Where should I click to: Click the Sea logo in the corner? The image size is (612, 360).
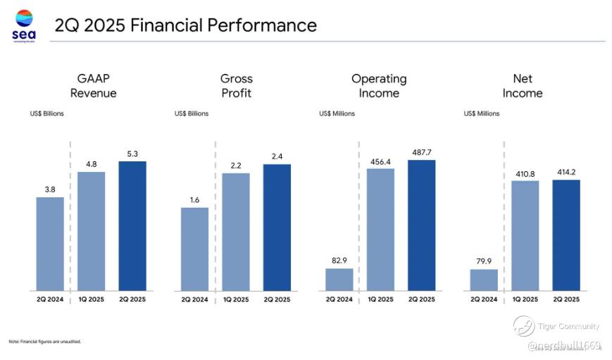(25, 26)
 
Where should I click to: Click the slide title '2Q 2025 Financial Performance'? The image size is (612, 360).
(185, 26)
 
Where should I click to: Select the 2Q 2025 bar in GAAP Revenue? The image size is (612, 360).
(132, 225)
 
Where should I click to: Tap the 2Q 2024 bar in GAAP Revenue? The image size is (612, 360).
(50, 244)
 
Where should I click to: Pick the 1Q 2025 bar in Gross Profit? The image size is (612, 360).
(236, 232)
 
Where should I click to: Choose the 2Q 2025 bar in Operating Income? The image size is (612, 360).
(421, 225)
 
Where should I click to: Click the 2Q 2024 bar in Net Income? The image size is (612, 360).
(484, 280)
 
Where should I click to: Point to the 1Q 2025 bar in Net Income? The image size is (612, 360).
(525, 235)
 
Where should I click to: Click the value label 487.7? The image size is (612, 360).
(421, 151)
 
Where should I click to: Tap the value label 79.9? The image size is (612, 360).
(484, 261)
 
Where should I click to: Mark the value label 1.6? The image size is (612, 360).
(194, 199)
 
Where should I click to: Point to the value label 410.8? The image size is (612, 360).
(525, 173)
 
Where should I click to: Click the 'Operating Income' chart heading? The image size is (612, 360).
(379, 86)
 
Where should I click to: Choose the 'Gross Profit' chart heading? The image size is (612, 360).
(236, 86)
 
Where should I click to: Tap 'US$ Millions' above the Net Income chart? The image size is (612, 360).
(482, 113)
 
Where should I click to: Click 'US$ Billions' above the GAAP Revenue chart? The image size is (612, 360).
(46, 113)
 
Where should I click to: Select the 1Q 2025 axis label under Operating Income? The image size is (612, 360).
(380, 299)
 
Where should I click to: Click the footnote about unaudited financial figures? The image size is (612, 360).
(44, 342)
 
